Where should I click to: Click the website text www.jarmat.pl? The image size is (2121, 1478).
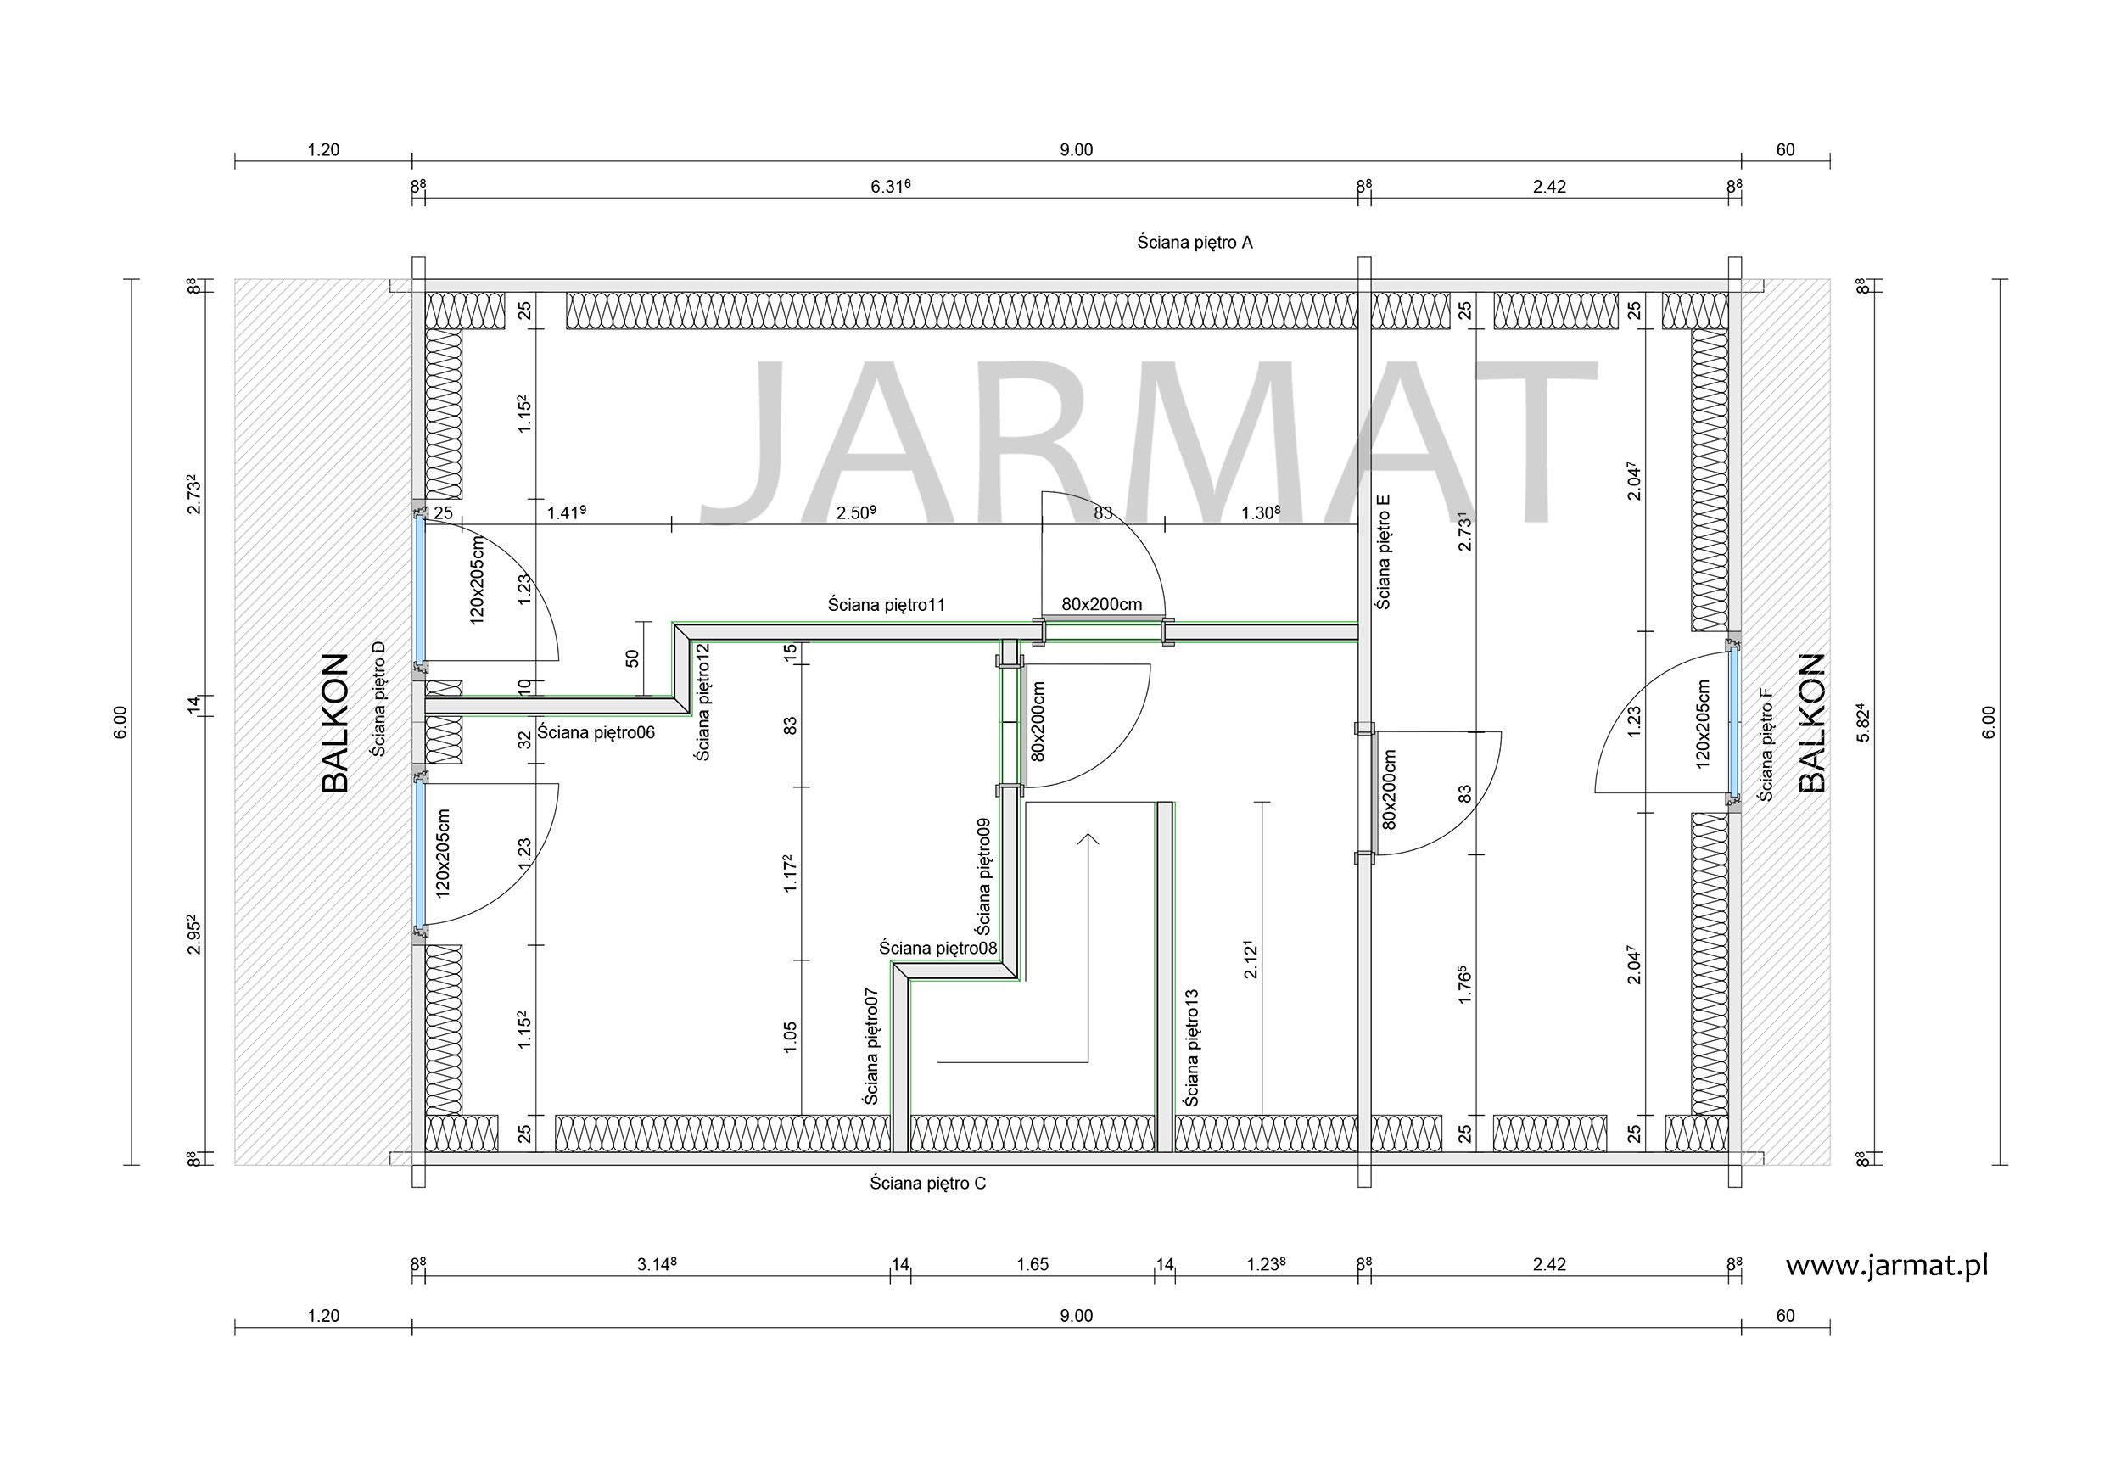coord(1886,1267)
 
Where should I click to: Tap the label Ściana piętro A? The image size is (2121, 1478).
coord(1195,243)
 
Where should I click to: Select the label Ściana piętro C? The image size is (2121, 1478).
coord(927,1184)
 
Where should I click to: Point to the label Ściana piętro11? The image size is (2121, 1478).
coord(886,605)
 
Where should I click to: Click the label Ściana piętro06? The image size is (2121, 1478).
coord(596,732)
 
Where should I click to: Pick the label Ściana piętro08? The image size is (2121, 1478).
coord(937,948)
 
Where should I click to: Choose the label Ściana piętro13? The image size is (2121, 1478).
coord(1192,1048)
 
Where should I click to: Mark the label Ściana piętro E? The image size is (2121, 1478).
coord(1383,551)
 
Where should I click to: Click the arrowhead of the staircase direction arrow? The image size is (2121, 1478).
coord(1088,839)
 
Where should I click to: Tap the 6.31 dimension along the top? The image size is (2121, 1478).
coord(891,187)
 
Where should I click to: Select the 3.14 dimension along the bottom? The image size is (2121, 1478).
coord(657,1264)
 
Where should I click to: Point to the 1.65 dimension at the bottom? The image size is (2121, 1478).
coord(1032,1264)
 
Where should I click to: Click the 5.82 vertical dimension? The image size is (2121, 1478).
coord(1863,723)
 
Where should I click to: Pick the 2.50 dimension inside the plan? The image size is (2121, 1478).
coord(856,512)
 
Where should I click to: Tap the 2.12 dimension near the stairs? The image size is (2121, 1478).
coord(1250,960)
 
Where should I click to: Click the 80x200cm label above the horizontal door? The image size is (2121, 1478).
coord(1101,604)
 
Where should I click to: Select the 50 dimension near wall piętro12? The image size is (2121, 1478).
coord(632,658)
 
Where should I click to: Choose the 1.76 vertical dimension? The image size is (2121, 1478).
coord(1464,985)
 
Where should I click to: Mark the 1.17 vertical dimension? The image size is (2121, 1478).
coord(790,873)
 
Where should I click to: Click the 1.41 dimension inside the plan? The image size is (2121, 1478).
coord(566,512)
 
